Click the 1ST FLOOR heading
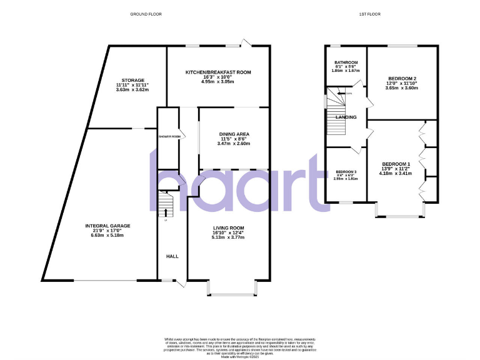click(371, 14)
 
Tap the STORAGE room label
click(132, 81)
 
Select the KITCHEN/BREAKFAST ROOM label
click(218, 72)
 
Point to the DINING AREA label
click(234, 134)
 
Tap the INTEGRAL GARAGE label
click(109, 226)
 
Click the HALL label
click(172, 256)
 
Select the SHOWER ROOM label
click(169, 136)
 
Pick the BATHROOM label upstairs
click(346, 62)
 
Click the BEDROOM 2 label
click(401, 78)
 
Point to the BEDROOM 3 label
click(346, 172)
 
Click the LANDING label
click(346, 117)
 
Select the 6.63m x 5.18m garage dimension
click(109, 236)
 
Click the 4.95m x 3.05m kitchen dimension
click(217, 82)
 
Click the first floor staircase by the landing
click(336, 119)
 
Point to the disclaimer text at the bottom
click(240, 346)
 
